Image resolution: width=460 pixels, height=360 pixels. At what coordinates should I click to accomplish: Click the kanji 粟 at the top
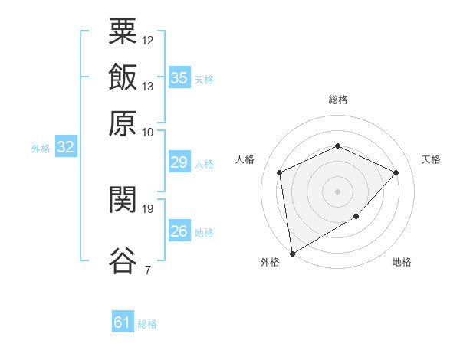[x=123, y=31]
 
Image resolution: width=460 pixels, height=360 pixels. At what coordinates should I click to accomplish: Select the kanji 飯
[x=123, y=77]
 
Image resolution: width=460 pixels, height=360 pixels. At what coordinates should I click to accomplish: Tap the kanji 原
[x=123, y=123]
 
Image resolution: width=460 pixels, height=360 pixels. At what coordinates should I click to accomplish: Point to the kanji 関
[x=123, y=199]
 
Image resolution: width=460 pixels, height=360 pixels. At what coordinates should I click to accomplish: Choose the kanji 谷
[x=123, y=260]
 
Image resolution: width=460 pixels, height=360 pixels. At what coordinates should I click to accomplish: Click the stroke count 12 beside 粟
[x=147, y=41]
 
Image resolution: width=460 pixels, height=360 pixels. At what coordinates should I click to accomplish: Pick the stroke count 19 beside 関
[x=147, y=209]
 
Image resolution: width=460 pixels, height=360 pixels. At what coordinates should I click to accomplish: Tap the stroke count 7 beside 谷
[x=148, y=270]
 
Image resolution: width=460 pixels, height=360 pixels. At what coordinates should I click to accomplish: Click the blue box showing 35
[x=179, y=77]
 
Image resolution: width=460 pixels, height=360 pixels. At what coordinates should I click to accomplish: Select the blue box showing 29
[x=179, y=162]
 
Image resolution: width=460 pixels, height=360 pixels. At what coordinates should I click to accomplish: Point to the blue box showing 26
[x=179, y=230]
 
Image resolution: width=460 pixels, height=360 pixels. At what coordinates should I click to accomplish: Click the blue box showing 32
[x=66, y=146]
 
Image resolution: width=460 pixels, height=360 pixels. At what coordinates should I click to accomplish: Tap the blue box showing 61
[x=123, y=321]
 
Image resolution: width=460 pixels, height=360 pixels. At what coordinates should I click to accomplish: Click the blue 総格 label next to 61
[x=147, y=324]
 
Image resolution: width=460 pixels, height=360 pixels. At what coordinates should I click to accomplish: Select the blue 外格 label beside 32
[x=41, y=149]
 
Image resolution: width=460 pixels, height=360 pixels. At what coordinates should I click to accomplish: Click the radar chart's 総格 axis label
[x=338, y=100]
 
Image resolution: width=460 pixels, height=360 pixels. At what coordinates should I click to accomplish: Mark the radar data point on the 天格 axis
[x=396, y=172]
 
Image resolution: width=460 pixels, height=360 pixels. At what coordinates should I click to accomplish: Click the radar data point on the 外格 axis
[x=292, y=254]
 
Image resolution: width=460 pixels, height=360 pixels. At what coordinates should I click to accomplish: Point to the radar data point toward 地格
[x=356, y=216]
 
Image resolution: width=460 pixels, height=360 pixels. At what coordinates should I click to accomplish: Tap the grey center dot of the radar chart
[x=337, y=191]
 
